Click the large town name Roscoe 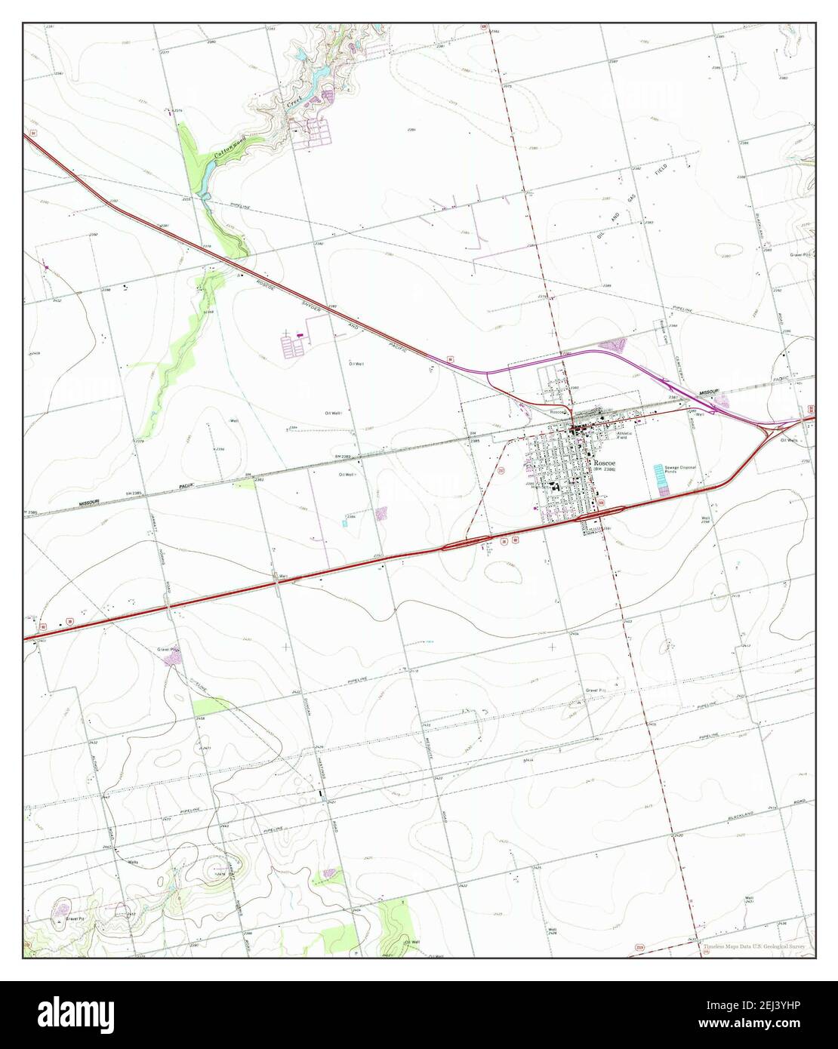tap(604, 462)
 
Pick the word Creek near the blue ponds tap(295, 100)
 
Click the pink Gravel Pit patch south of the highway tap(173, 660)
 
